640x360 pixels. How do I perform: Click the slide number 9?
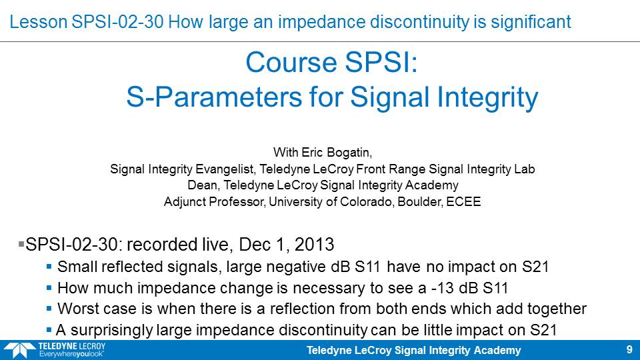(629, 349)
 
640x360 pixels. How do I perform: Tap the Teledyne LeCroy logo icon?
(19, 351)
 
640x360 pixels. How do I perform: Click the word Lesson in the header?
(39, 21)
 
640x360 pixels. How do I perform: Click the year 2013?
(314, 245)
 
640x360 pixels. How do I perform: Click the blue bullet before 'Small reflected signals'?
(49, 267)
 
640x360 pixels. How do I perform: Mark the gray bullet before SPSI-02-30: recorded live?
(21, 244)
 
